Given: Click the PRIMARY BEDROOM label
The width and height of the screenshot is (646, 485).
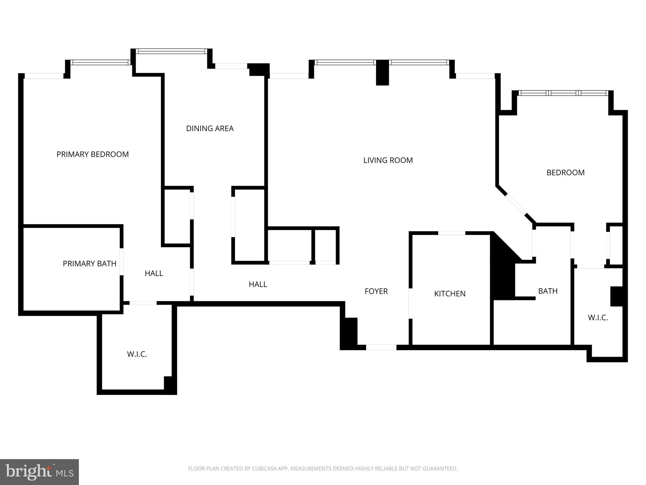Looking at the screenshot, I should [x=92, y=154].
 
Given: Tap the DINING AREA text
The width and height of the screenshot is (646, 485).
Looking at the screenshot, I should [x=210, y=129].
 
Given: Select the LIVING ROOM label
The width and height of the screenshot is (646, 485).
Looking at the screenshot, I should [x=388, y=160].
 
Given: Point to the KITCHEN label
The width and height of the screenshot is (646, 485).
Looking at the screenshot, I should [x=450, y=294].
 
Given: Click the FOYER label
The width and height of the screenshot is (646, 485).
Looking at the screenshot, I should [x=376, y=291].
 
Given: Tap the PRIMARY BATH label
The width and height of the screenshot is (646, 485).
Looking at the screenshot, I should [x=90, y=264].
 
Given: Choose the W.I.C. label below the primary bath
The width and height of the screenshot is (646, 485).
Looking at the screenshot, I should [x=137, y=354].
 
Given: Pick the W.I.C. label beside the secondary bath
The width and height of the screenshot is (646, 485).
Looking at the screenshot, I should [x=598, y=318].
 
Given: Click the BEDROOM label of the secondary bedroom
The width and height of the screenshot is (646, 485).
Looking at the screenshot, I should [x=565, y=173].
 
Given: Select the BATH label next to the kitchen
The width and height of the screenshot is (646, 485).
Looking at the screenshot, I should [x=548, y=291].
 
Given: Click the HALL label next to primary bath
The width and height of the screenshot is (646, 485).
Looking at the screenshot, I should [x=154, y=273].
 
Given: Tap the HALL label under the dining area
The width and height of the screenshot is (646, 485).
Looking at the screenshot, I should [x=258, y=284].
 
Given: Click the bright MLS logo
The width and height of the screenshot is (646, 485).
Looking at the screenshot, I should [x=39, y=472].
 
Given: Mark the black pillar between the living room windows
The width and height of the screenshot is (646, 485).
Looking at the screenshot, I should [x=382, y=73].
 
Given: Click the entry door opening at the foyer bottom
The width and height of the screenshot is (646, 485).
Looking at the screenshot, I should [x=381, y=347].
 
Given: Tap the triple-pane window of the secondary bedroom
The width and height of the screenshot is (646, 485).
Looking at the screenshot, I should [x=563, y=93].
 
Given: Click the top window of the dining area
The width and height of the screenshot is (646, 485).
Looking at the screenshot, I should [x=172, y=51].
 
